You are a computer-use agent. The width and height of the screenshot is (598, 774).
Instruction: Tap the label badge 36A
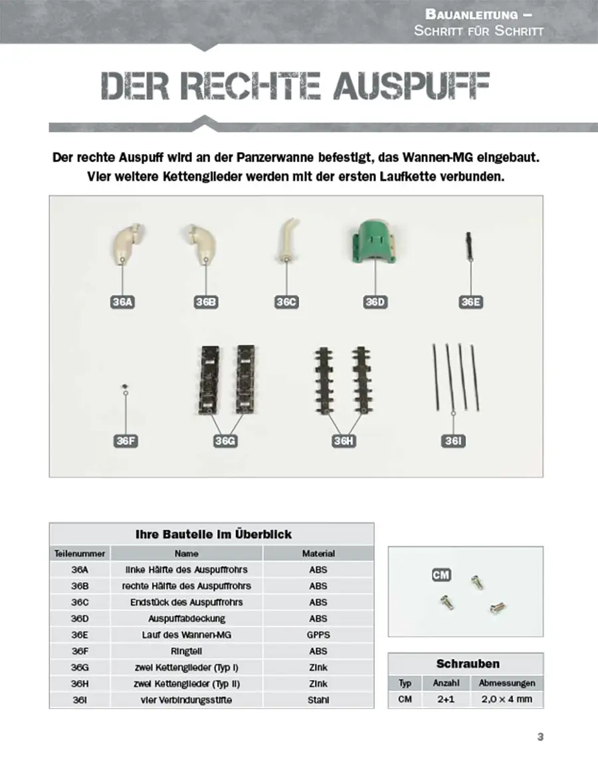click(x=123, y=302)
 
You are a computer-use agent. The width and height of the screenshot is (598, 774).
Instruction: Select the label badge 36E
click(x=470, y=302)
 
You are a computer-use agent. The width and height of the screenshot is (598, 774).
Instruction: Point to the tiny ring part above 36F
click(x=124, y=385)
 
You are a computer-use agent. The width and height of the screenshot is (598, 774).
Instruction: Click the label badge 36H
click(x=343, y=440)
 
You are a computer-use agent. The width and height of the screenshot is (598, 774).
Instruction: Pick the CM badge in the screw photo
click(x=441, y=575)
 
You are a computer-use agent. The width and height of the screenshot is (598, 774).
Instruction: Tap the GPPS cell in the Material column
click(x=318, y=634)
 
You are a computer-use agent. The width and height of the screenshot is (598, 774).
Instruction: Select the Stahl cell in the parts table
click(x=318, y=700)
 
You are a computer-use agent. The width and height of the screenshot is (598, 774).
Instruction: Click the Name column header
click(x=187, y=553)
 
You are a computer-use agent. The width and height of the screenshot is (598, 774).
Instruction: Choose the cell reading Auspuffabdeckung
click(x=187, y=619)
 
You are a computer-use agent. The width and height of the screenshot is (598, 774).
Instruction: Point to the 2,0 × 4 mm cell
click(x=506, y=699)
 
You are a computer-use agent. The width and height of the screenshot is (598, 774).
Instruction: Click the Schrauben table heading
click(x=468, y=664)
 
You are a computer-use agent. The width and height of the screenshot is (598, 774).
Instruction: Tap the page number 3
click(x=540, y=736)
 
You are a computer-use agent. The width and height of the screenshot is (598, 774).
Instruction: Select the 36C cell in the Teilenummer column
click(x=80, y=602)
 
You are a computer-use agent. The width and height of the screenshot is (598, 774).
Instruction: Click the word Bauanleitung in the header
click(x=472, y=14)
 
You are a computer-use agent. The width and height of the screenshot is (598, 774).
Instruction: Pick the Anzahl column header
click(x=446, y=682)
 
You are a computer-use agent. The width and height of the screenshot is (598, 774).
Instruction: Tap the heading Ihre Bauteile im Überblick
click(x=213, y=534)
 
